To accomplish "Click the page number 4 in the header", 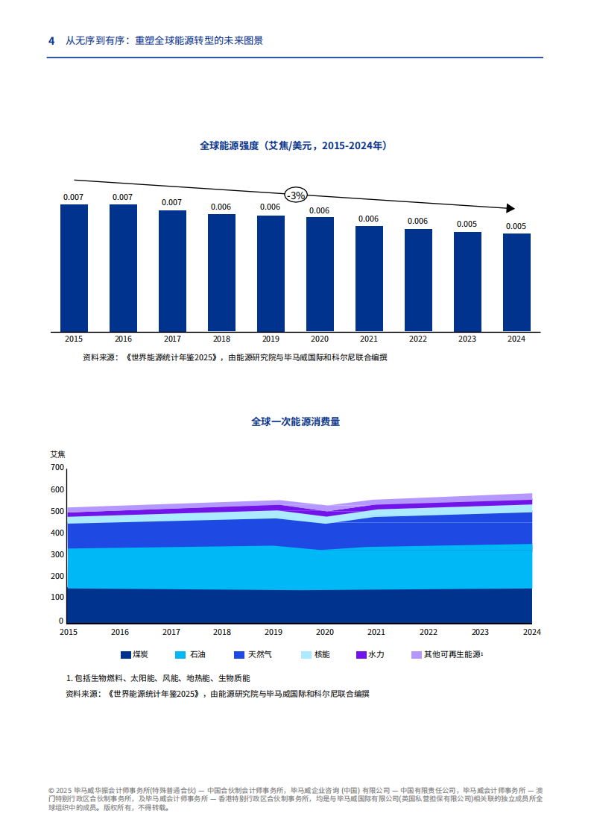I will pyautogui.click(x=51, y=41).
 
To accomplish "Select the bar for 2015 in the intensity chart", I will pyautogui.click(x=74, y=268).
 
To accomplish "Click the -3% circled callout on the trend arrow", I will pyautogui.click(x=296, y=195).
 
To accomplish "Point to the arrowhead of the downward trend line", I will pyautogui.click(x=511, y=208).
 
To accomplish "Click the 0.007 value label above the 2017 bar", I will pyautogui.click(x=172, y=202).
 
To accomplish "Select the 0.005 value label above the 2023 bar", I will pyautogui.click(x=467, y=224).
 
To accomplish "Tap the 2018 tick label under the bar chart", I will pyautogui.click(x=221, y=339).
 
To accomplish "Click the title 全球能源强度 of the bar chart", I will pyautogui.click(x=293, y=146).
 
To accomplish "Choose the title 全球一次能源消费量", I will pyautogui.click(x=296, y=421).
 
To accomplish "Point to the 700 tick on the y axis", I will pyautogui.click(x=57, y=468).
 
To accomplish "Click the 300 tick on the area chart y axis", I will pyautogui.click(x=57, y=555).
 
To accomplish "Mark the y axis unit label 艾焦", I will pyautogui.click(x=57, y=454).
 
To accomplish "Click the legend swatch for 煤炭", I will pyautogui.click(x=125, y=655).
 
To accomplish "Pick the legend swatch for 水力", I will pyautogui.click(x=361, y=655).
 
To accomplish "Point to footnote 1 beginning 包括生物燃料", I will pyautogui.click(x=158, y=678).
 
